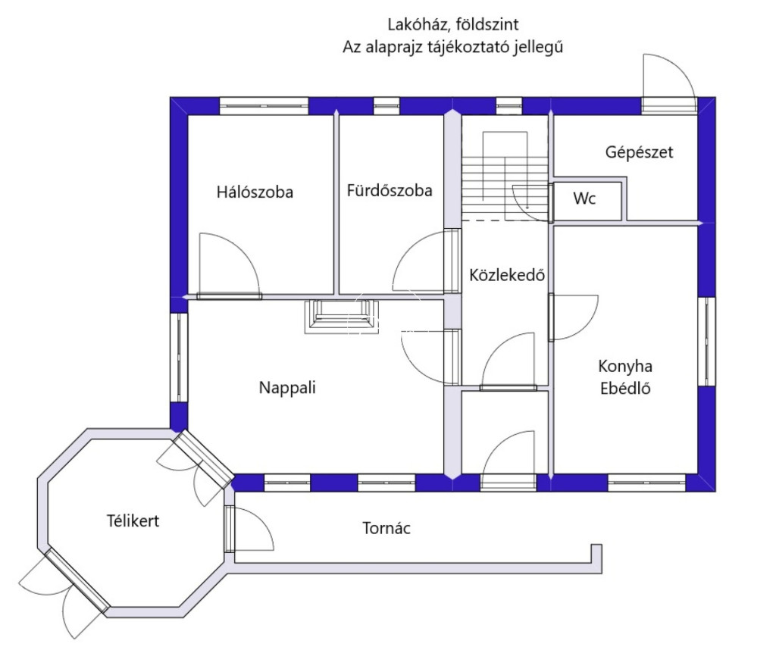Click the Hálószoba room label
255,192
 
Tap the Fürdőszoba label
390,191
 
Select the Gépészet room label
639,152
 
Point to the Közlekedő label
507,275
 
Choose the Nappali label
286,388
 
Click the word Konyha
625,367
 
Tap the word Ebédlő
625,389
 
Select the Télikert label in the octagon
133,521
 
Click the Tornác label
386,528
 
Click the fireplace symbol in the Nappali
340,315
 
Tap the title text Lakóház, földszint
452,24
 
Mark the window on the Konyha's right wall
706,342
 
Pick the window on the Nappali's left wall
179,357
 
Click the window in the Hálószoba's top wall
264,106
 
